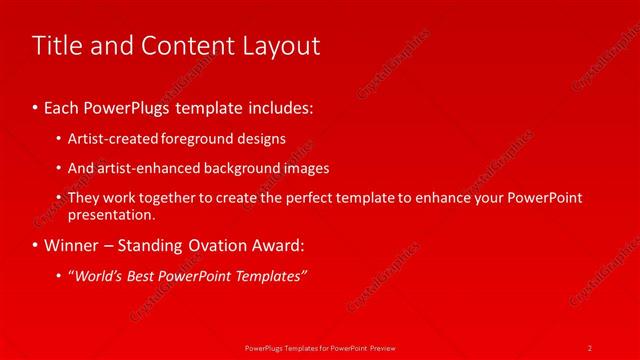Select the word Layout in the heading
pos(280,45)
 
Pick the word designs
pos(265,139)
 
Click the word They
pos(83,198)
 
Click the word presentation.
pos(112,214)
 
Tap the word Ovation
pos(236,245)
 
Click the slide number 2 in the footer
pos(590,347)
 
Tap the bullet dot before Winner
pos(35,245)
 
